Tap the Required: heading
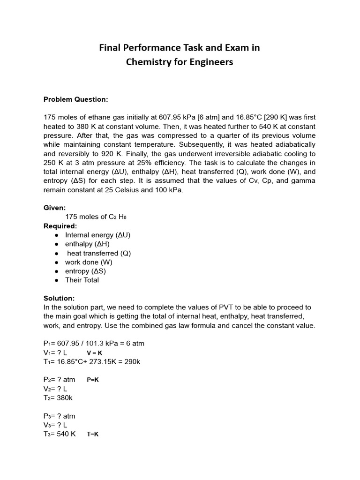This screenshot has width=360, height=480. (x=60, y=226)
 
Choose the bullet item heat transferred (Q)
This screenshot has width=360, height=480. (x=99, y=253)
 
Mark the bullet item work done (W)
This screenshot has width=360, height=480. (x=89, y=262)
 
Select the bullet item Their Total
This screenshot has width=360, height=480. (x=82, y=280)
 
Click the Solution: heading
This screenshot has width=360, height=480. (x=59, y=298)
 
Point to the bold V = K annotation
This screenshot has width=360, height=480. (x=95, y=352)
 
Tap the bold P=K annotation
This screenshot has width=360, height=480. (x=93, y=380)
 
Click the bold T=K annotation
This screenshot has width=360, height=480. (x=92, y=435)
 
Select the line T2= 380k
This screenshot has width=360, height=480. (x=58, y=398)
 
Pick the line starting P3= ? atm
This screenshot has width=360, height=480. (x=59, y=416)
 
